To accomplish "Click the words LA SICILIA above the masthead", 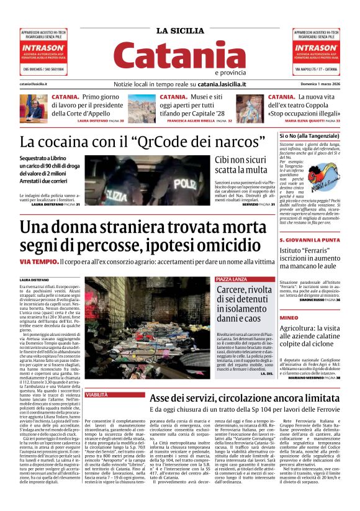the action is [179, 31].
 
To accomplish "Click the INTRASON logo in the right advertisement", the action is [317, 46].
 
